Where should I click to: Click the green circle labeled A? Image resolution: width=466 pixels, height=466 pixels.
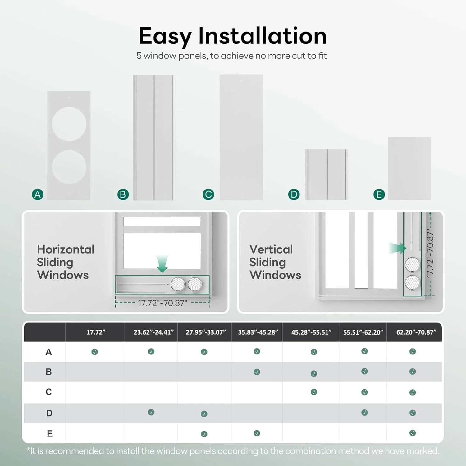pyautogui.click(x=38, y=194)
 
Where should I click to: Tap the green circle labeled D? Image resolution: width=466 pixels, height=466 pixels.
pyautogui.click(x=294, y=194)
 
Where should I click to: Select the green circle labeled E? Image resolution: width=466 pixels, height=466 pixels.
pyautogui.click(x=379, y=194)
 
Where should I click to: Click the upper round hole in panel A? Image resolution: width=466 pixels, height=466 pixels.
pyautogui.click(x=69, y=124)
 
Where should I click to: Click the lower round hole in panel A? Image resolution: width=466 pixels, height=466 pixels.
pyautogui.click(x=69, y=167)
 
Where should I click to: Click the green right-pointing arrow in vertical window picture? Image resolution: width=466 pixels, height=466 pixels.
pyautogui.click(x=398, y=248)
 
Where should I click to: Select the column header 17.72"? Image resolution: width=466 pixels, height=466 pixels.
pyautogui.click(x=96, y=332)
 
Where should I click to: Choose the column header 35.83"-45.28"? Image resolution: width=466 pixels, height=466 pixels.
pyautogui.click(x=258, y=332)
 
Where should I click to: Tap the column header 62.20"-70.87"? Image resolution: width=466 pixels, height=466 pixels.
pyautogui.click(x=416, y=332)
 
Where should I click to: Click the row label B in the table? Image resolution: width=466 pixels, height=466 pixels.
pyautogui.click(x=49, y=372)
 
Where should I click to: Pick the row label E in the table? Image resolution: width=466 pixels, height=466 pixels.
pyautogui.click(x=49, y=434)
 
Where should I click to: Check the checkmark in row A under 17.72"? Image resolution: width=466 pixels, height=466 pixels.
pyautogui.click(x=95, y=352)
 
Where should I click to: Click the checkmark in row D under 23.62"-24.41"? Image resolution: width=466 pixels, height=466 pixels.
pyautogui.click(x=151, y=412)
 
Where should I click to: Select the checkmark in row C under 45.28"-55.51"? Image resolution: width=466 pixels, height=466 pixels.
pyautogui.click(x=314, y=392)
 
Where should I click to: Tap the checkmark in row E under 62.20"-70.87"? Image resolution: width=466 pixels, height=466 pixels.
pyautogui.click(x=413, y=433)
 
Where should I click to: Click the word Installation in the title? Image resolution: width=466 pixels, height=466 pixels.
pyautogui.click(x=263, y=36)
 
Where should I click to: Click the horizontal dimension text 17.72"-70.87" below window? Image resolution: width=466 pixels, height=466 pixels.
pyautogui.click(x=162, y=303)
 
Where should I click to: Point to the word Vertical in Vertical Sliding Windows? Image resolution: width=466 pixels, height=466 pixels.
pyautogui.click(x=271, y=249)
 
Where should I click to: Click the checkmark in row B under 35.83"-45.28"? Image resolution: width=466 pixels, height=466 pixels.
pyautogui.click(x=257, y=372)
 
